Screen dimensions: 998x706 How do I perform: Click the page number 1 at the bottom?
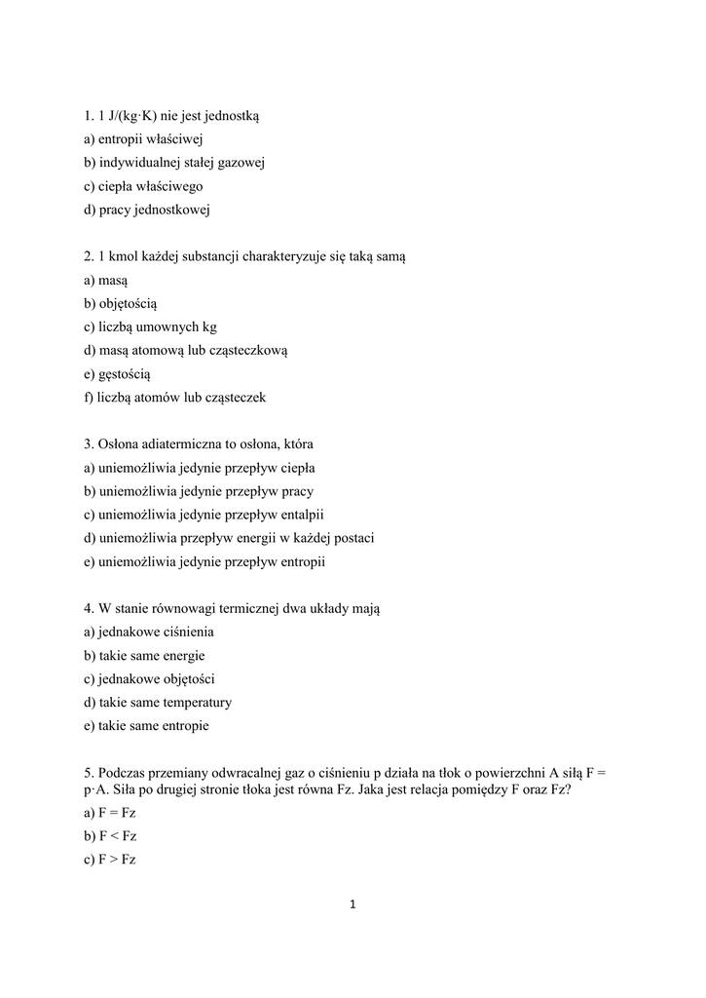pyautogui.click(x=353, y=904)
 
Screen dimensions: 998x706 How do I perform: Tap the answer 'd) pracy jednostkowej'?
pyautogui.click(x=146, y=210)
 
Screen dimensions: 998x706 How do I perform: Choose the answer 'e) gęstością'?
pyautogui.click(x=118, y=374)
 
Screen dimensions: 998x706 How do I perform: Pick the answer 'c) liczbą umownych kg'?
pyautogui.click(x=150, y=327)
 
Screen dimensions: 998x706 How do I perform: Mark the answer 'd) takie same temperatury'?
pyautogui.click(x=158, y=703)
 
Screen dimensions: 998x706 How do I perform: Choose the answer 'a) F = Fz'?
pyautogui.click(x=110, y=812)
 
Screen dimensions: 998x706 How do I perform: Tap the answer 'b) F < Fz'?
pyautogui.click(x=110, y=835)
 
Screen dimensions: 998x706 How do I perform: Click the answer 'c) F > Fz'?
pyautogui.click(x=110, y=859)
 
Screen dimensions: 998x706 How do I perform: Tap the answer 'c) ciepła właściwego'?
pyautogui.click(x=143, y=186)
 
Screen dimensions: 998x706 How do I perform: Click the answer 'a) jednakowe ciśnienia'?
pyautogui.click(x=149, y=633)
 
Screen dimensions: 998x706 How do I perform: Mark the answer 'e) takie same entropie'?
pyautogui.click(x=146, y=726)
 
